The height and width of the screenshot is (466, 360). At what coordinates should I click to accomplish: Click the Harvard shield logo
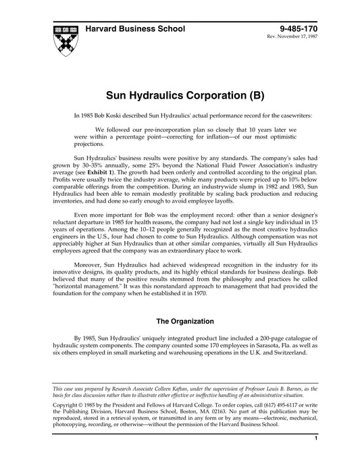click(63, 39)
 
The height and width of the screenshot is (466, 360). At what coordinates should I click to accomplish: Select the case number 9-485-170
click(298, 30)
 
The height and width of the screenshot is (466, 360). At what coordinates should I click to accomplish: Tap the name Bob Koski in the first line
click(118, 115)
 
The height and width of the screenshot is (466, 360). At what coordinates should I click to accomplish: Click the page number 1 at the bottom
click(316, 457)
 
